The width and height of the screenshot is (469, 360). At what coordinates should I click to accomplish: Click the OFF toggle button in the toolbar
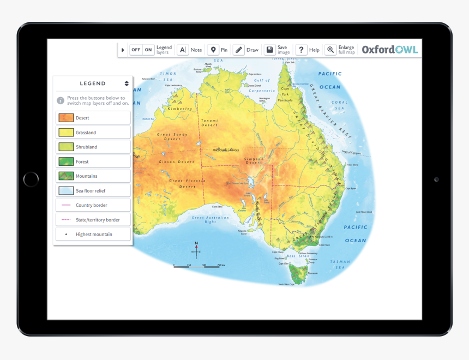[136, 50]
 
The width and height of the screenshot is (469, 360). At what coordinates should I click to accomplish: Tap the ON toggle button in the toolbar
[148, 50]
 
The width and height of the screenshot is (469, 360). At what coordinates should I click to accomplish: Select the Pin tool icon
[213, 50]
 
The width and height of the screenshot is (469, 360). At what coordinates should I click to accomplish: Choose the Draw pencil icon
[238, 50]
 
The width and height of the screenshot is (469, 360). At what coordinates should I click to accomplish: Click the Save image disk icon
[269, 50]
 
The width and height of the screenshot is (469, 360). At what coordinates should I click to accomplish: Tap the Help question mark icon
[301, 50]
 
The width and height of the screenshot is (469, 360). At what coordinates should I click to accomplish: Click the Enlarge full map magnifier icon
[330, 50]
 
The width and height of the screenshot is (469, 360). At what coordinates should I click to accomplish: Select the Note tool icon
[183, 50]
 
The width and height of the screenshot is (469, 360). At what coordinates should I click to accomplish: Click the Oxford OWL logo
[390, 50]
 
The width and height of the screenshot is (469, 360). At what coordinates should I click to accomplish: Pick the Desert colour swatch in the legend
[66, 118]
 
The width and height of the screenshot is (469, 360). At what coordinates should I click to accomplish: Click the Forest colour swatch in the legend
[66, 161]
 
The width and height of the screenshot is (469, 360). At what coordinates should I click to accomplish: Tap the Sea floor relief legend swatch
[66, 191]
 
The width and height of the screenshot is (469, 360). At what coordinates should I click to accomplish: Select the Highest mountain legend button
[93, 235]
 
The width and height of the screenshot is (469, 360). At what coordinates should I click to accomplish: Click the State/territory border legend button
[93, 220]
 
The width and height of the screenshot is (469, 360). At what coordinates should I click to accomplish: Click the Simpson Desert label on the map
[254, 160]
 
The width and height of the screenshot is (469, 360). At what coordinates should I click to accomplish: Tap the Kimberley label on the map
[180, 109]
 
